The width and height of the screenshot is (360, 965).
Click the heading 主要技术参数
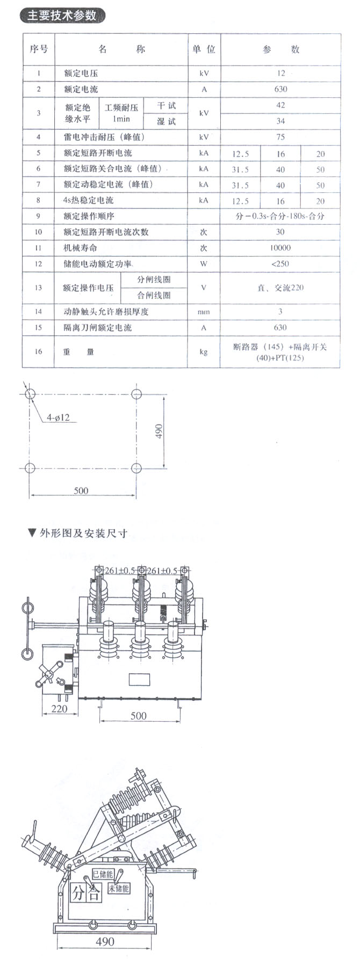62,16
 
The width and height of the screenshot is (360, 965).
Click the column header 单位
204,49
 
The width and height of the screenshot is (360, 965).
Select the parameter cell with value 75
280,137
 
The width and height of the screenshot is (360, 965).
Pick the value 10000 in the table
280,248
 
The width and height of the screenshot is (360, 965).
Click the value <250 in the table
280,264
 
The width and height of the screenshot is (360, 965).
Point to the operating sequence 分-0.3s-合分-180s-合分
280,217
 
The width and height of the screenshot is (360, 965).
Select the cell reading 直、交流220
280,288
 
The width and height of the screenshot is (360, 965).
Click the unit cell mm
204,312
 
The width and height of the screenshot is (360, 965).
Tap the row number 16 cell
38,351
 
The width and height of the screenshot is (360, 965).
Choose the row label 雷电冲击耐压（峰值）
104,137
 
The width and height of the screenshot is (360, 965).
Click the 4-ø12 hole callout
58,417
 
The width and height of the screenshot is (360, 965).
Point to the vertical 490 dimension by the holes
159,431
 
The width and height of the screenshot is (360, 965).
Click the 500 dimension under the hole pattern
81,491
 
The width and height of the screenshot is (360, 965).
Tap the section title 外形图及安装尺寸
83,534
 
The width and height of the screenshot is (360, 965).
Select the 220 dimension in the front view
59,709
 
